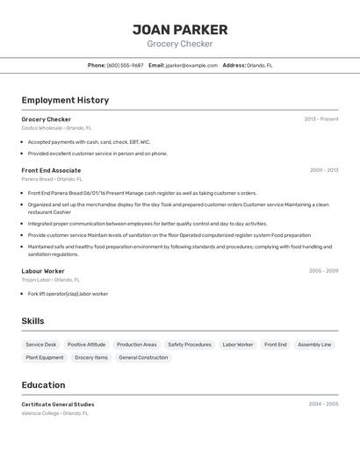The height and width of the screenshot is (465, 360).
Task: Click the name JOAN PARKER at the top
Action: (x=180, y=29)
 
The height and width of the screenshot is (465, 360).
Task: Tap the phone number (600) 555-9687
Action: (x=125, y=65)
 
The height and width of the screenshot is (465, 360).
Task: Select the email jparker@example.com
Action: (x=191, y=65)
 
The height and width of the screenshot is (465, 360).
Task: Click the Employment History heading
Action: (x=65, y=100)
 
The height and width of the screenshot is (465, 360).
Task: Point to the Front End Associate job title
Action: (x=51, y=170)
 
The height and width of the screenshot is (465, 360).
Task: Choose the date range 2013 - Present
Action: (x=320, y=119)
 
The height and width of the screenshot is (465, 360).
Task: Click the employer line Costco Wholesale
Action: (x=54, y=128)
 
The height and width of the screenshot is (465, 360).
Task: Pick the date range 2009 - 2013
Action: (x=323, y=170)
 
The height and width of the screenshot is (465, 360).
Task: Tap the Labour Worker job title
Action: (x=43, y=271)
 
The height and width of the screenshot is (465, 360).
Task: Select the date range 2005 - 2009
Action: (x=323, y=271)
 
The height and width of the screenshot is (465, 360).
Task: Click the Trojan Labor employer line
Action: (x=51, y=280)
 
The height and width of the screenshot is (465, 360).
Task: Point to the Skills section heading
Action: (x=32, y=321)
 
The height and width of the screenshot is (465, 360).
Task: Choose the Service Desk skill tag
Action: (x=41, y=345)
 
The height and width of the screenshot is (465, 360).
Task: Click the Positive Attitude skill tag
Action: (x=86, y=345)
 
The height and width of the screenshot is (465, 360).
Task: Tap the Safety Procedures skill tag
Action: (x=190, y=345)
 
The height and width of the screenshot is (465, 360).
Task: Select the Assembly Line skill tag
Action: (x=314, y=345)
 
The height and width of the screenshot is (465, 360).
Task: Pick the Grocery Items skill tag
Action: (x=91, y=358)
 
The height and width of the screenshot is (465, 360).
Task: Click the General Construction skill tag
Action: (x=143, y=358)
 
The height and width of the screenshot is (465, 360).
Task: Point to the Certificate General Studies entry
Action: (x=58, y=404)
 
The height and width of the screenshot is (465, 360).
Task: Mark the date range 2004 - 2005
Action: (x=323, y=404)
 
